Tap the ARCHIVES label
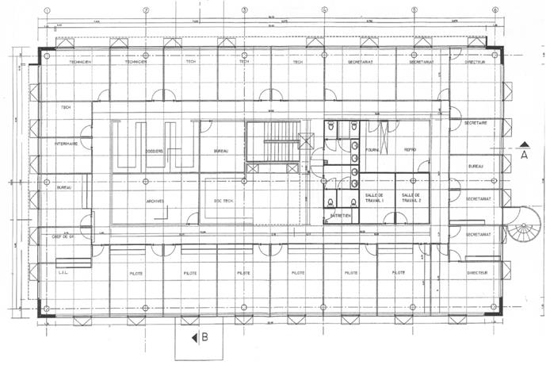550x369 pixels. (155, 201)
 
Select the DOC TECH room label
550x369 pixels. (223, 201)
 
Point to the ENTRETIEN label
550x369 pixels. (342, 215)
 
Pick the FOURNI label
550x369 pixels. (372, 149)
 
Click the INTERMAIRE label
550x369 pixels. (66, 144)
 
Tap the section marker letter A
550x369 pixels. (525, 157)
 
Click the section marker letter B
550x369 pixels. (205, 337)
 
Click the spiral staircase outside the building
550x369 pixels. (523, 226)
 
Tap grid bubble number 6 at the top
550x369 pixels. (495, 10)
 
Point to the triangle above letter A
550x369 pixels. (525, 144)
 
